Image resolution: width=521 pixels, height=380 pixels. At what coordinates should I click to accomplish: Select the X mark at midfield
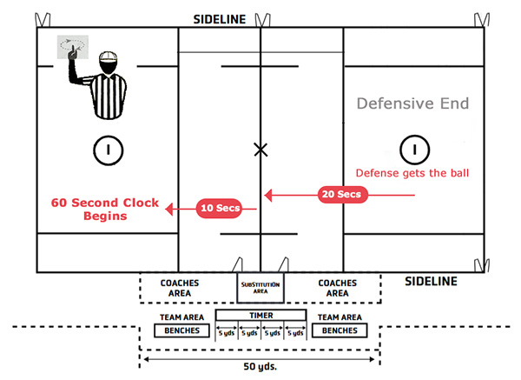point(260,150)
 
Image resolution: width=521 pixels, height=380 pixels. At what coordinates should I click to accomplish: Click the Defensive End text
point(412,104)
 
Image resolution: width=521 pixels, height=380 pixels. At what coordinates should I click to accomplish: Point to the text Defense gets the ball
point(412,173)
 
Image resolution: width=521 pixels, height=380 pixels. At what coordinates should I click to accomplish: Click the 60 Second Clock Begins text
point(104,209)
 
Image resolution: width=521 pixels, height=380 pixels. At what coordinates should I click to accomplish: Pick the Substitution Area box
point(260,287)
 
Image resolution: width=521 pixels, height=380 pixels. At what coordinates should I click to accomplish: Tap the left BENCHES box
point(181,330)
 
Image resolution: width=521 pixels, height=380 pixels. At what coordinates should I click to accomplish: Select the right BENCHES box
point(340,330)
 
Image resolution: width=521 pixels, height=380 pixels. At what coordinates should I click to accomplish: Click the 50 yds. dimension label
point(260,367)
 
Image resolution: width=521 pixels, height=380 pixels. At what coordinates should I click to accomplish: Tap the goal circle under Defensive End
point(415,150)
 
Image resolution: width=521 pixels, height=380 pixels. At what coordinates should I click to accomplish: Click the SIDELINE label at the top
point(218,17)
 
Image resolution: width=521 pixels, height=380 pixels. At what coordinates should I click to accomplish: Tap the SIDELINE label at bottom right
point(432,282)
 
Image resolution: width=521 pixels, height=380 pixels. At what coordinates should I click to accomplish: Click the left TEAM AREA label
point(181,317)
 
